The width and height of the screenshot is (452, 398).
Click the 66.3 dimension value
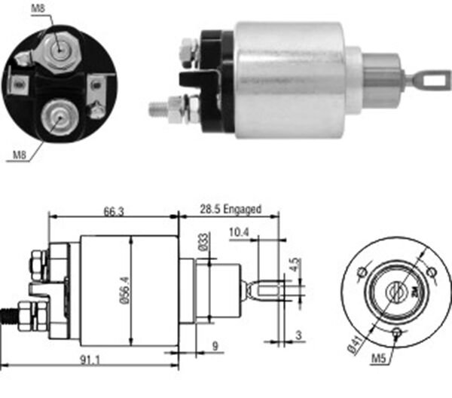pos(113,212)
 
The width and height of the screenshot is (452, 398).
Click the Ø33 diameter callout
pos(203,243)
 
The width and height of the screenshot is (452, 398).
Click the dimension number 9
pos(214,347)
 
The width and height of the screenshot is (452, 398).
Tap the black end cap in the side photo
pos(218,75)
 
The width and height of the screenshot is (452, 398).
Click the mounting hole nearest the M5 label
pos(395,331)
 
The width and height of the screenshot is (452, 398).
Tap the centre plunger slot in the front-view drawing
pos(393,289)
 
